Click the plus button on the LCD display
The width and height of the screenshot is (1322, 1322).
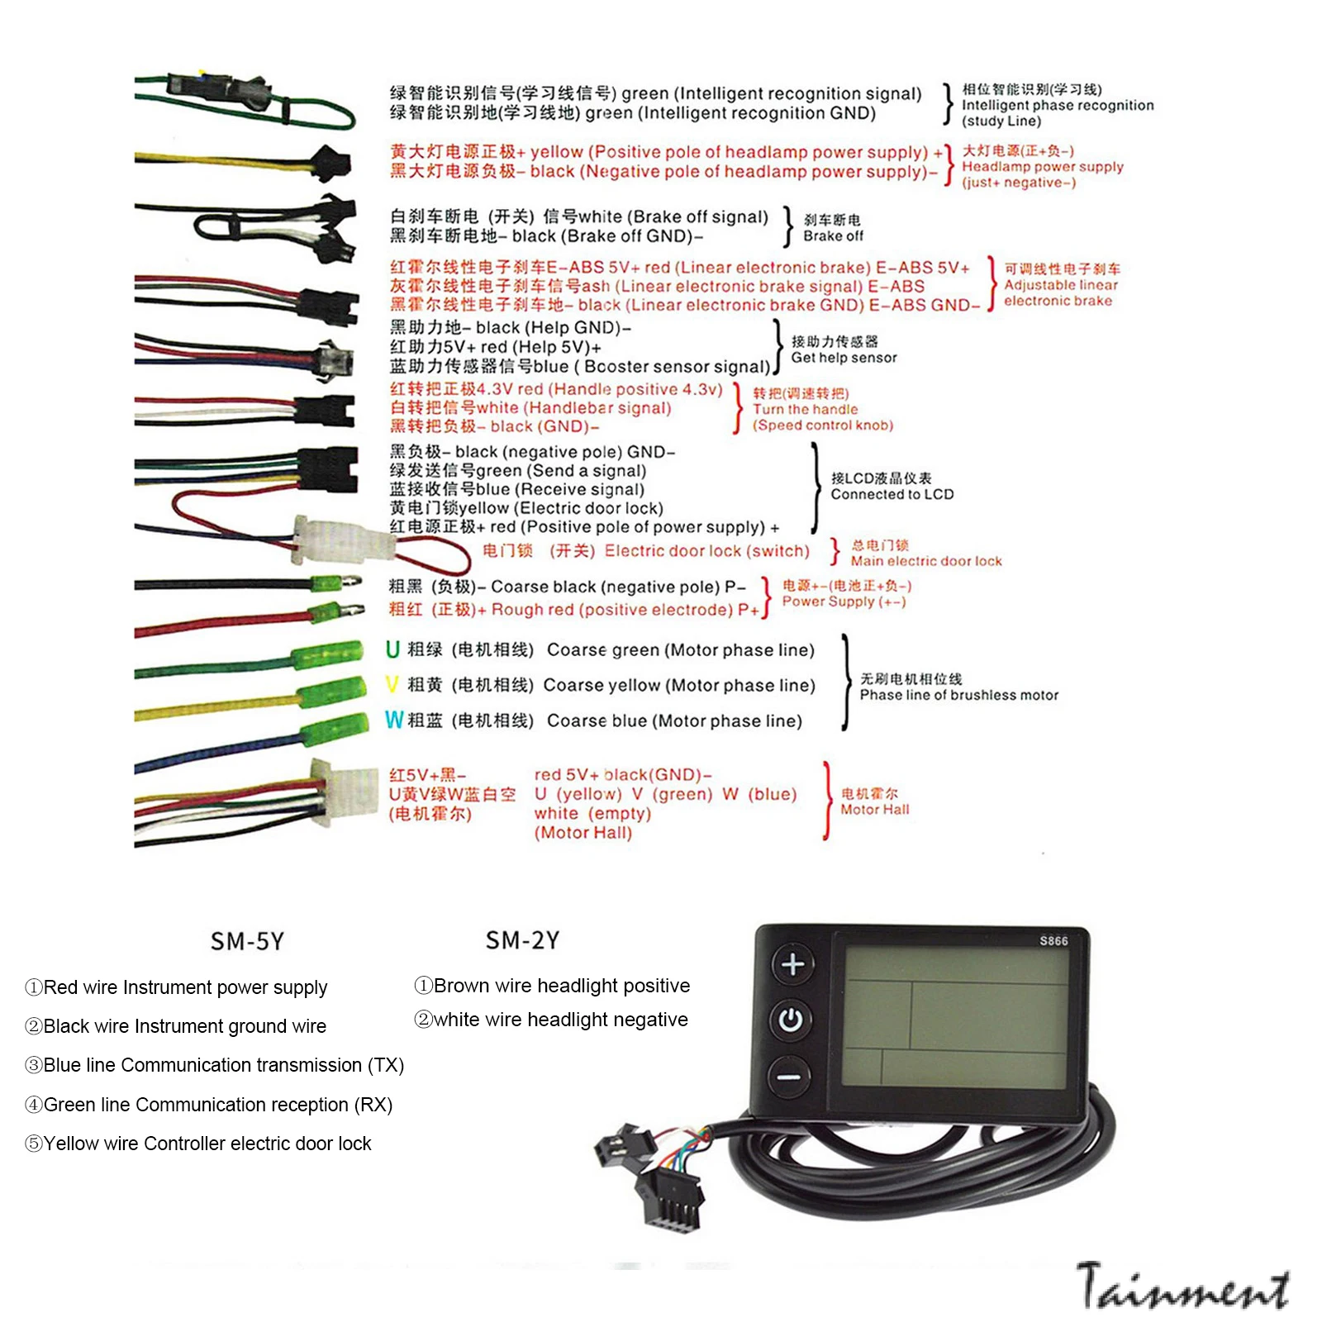tap(793, 963)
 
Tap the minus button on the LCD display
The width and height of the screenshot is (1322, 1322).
tap(789, 1077)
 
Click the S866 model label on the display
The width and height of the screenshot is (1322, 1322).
tap(1053, 940)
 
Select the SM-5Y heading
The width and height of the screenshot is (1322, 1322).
tap(247, 941)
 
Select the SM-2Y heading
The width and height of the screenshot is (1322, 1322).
tap(522, 939)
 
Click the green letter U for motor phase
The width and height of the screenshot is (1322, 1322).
tap(392, 649)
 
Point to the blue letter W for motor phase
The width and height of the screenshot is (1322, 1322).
tap(394, 720)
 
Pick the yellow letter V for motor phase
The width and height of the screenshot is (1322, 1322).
tap(392, 685)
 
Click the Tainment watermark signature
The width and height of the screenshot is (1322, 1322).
tap(1183, 1287)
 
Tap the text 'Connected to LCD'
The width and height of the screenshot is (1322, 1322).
tap(892, 494)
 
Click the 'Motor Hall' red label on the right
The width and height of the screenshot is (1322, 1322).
tap(874, 810)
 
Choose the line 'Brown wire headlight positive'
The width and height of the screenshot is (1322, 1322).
tap(552, 986)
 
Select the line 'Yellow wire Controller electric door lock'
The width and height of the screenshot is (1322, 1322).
tap(198, 1144)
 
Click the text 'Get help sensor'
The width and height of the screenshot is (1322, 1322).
tap(844, 358)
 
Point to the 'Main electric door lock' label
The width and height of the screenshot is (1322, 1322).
tap(926, 561)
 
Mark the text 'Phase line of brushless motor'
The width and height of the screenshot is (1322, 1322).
tap(958, 695)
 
